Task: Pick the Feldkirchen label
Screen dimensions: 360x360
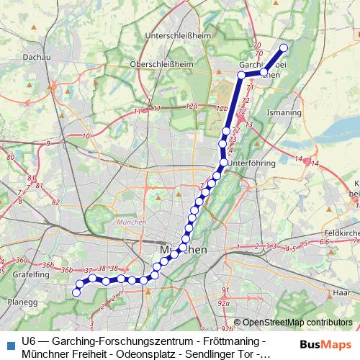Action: click(x=342, y=233)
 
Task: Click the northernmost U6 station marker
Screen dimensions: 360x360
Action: click(x=283, y=48)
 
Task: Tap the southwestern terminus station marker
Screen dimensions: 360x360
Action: click(x=76, y=292)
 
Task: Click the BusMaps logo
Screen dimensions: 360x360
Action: click(x=327, y=343)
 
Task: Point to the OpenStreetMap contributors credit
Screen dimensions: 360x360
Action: click(x=298, y=323)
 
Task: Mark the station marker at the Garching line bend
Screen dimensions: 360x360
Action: click(x=241, y=74)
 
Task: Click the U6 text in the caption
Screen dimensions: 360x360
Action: click(x=29, y=340)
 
